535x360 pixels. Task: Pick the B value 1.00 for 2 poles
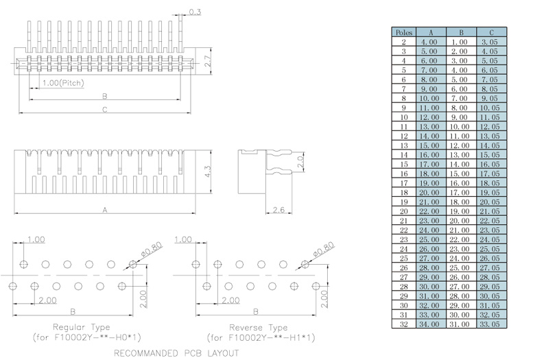tap(459, 42)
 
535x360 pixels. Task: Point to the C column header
tap(488, 32)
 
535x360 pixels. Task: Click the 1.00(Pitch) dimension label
tap(63, 83)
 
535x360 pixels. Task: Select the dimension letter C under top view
tap(104, 110)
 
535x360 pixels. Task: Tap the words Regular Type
tap(81, 327)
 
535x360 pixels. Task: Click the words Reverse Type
tap(259, 327)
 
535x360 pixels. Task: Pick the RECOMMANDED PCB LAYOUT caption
tap(176, 353)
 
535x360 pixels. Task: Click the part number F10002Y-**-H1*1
tap(260, 337)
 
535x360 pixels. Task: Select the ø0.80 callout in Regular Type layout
tap(151, 250)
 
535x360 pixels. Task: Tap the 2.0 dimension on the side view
tap(300, 163)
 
